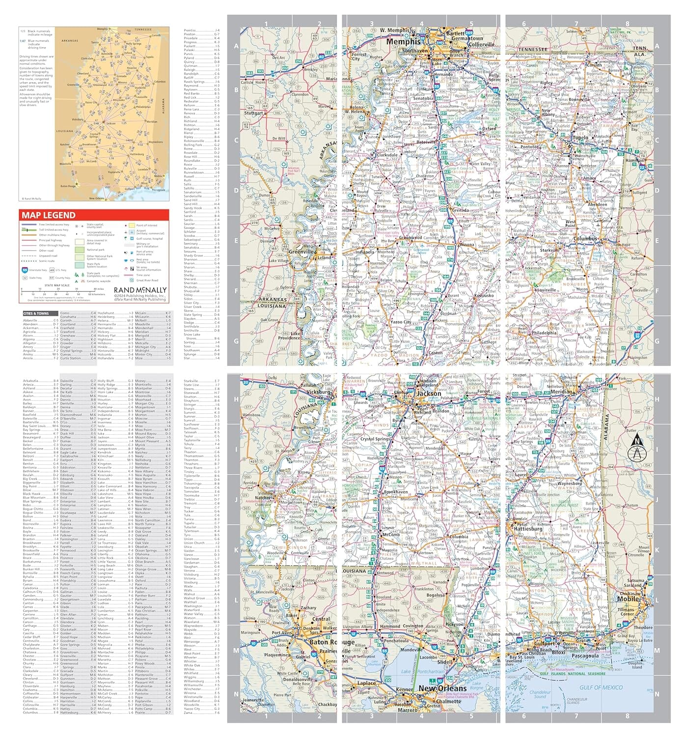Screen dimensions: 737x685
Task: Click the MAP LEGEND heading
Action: (49, 215)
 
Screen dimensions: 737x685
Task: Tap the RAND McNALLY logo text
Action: (140, 290)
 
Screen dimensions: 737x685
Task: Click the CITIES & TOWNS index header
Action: (36, 313)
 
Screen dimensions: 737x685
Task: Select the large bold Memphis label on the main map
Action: (403, 42)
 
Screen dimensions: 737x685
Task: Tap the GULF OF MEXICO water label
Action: (601, 687)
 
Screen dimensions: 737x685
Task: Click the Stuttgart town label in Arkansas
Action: (254, 113)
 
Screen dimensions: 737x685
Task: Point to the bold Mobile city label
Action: (628, 599)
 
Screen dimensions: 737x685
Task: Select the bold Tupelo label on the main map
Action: (580, 138)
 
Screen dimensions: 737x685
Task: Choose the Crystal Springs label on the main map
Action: (376, 439)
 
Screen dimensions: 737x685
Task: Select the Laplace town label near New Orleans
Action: (366, 683)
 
